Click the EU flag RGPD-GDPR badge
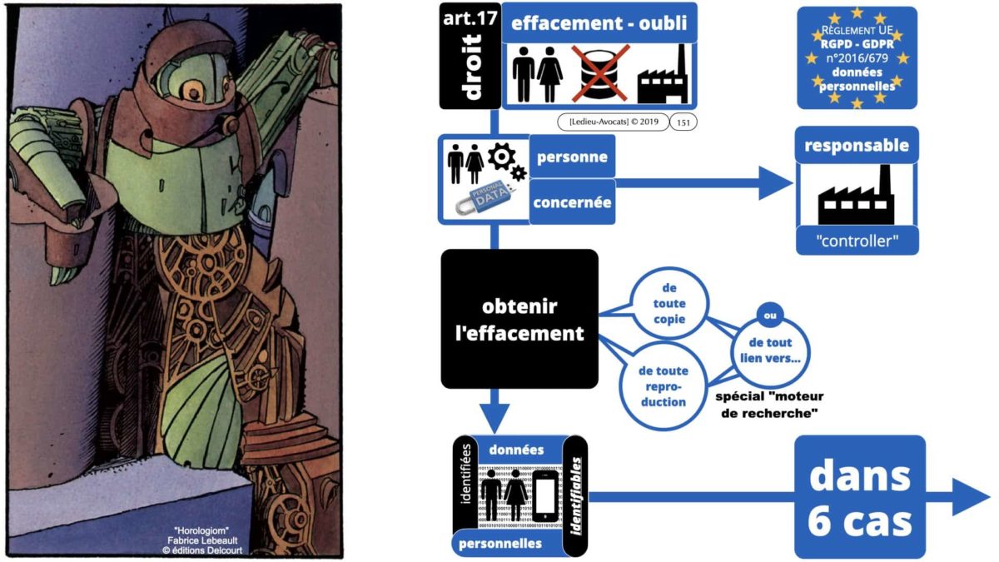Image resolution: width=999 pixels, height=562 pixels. [857, 57]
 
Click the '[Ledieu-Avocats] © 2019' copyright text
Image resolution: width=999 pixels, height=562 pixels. [612, 122]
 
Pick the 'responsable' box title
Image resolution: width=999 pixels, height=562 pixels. [857, 147]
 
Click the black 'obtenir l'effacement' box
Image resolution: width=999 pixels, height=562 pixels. [519, 319]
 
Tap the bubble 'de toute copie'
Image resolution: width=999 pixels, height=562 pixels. [670, 299]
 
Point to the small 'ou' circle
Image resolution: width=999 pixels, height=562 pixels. [770, 315]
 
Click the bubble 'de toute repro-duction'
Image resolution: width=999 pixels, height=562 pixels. [663, 384]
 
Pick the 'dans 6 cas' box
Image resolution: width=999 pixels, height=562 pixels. [860, 497]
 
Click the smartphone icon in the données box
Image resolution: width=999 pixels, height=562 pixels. [544, 492]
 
